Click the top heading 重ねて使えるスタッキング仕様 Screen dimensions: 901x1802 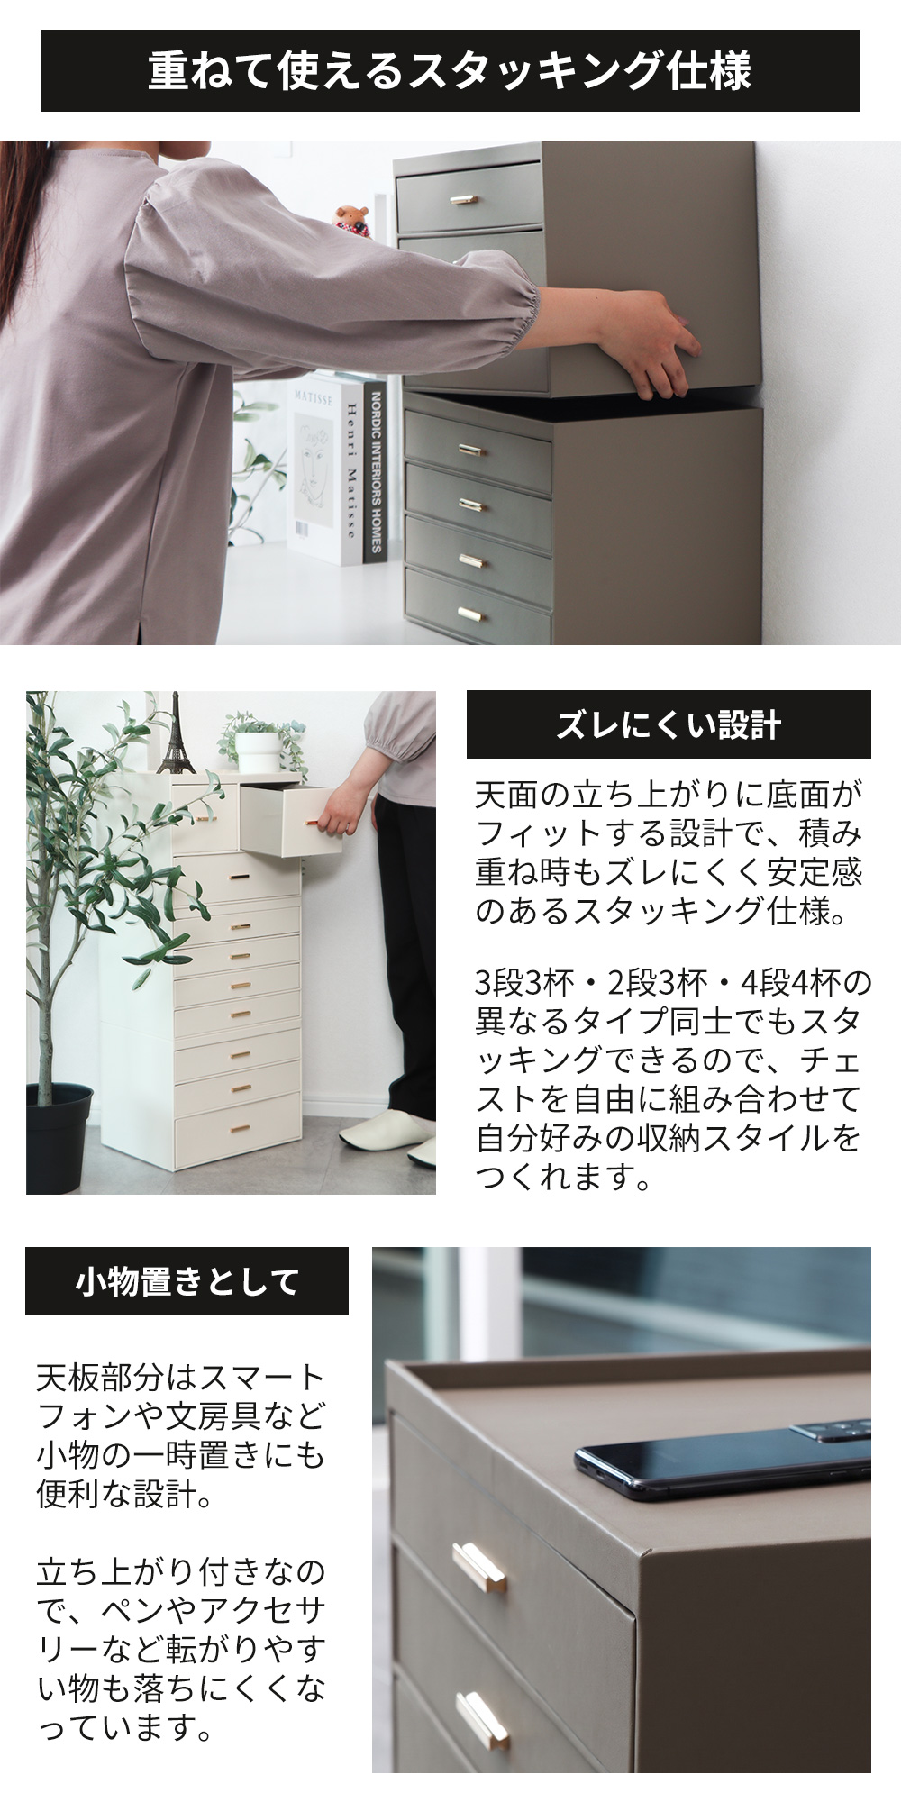pos(450,71)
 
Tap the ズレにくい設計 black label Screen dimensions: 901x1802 pos(669,724)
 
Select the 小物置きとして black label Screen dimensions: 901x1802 pos(187,1280)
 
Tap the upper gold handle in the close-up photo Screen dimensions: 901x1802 pos(478,1569)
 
